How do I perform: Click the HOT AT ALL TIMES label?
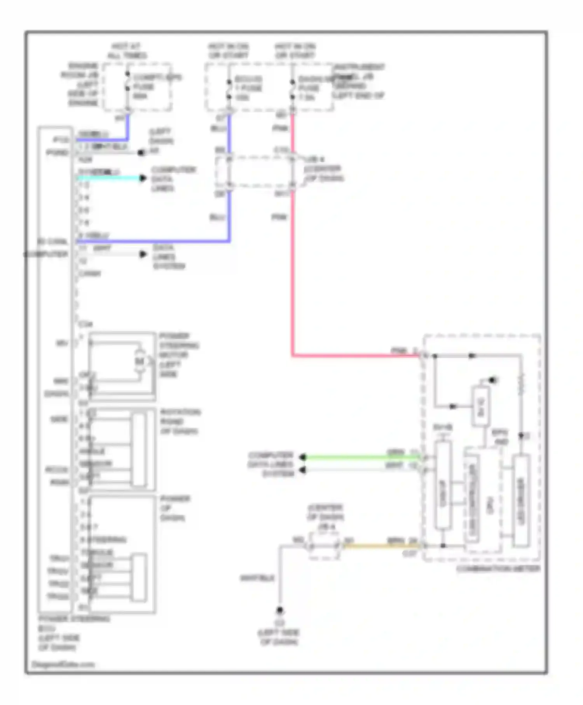click(126, 51)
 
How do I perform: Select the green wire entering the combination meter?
click(361, 457)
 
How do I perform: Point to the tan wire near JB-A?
click(381, 546)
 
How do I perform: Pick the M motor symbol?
click(140, 361)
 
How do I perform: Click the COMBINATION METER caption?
click(498, 569)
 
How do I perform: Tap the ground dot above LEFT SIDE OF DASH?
click(279, 611)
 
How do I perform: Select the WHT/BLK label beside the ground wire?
click(257, 578)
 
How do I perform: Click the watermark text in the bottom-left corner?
click(63, 664)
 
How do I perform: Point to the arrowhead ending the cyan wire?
click(143, 178)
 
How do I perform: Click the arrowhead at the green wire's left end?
click(303, 457)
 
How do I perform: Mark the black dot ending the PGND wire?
click(141, 152)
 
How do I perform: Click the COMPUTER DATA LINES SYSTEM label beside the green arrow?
click(271, 464)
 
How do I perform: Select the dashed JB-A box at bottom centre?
click(324, 546)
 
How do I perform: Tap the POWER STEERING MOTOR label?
click(179, 354)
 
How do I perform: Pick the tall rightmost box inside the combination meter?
click(521, 501)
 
